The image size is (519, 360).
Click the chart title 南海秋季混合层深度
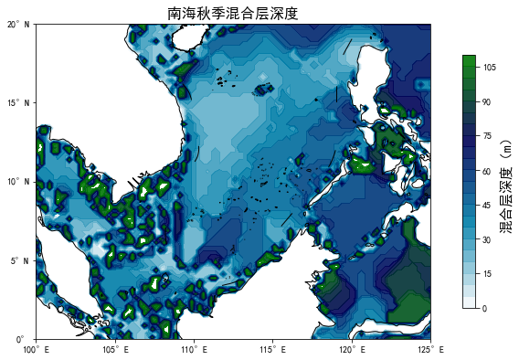click(x=233, y=13)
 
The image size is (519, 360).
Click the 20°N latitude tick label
click(x=18, y=25)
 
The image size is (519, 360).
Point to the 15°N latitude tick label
click(x=18, y=103)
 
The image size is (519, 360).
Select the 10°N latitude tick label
click(x=18, y=182)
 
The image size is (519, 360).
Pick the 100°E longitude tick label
click(x=37, y=350)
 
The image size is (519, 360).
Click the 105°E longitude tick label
click(x=115, y=350)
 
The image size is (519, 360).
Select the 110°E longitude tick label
click(x=194, y=350)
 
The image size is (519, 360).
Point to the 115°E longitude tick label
click(x=272, y=350)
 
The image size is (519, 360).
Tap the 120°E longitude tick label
click(x=351, y=350)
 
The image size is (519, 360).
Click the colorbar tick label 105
click(x=490, y=68)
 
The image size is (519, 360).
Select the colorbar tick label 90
click(x=488, y=102)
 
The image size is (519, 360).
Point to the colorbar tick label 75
click(x=488, y=136)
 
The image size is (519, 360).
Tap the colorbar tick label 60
click(x=488, y=171)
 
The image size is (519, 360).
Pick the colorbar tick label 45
click(x=488, y=206)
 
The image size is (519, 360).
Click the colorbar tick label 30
click(x=488, y=239)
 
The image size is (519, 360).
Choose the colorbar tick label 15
click(x=488, y=274)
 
